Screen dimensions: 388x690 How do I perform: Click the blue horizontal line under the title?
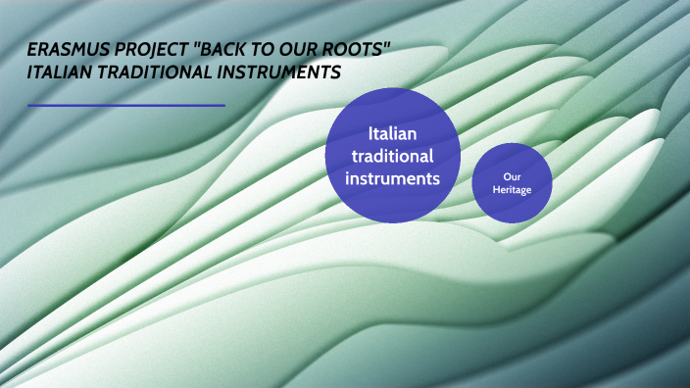pyautogui.click(x=126, y=105)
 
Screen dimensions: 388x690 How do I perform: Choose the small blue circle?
pyautogui.click(x=512, y=182)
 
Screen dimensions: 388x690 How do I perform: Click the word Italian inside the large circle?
pyautogui.click(x=392, y=132)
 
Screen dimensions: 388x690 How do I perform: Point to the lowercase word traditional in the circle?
pyautogui.click(x=392, y=156)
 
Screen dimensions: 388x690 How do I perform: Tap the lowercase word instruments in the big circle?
pyautogui.click(x=392, y=179)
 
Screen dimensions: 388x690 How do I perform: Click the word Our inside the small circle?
pyautogui.click(x=512, y=176)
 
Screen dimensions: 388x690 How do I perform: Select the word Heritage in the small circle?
pyautogui.click(x=512, y=189)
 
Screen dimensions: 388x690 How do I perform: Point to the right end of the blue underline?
pyautogui.click(x=224, y=105)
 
